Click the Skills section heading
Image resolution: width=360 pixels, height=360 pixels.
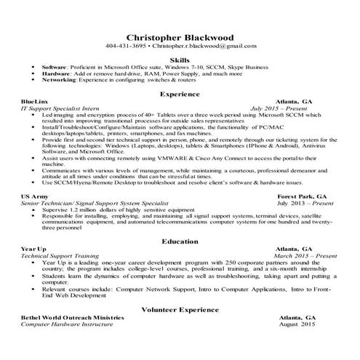[x=180, y=59]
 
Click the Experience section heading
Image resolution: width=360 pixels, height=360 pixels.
[x=180, y=94]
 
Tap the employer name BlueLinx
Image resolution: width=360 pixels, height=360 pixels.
[x=36, y=103]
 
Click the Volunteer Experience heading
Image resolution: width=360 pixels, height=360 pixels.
[x=180, y=309]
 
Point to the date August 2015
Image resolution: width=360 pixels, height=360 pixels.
[x=298, y=324]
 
